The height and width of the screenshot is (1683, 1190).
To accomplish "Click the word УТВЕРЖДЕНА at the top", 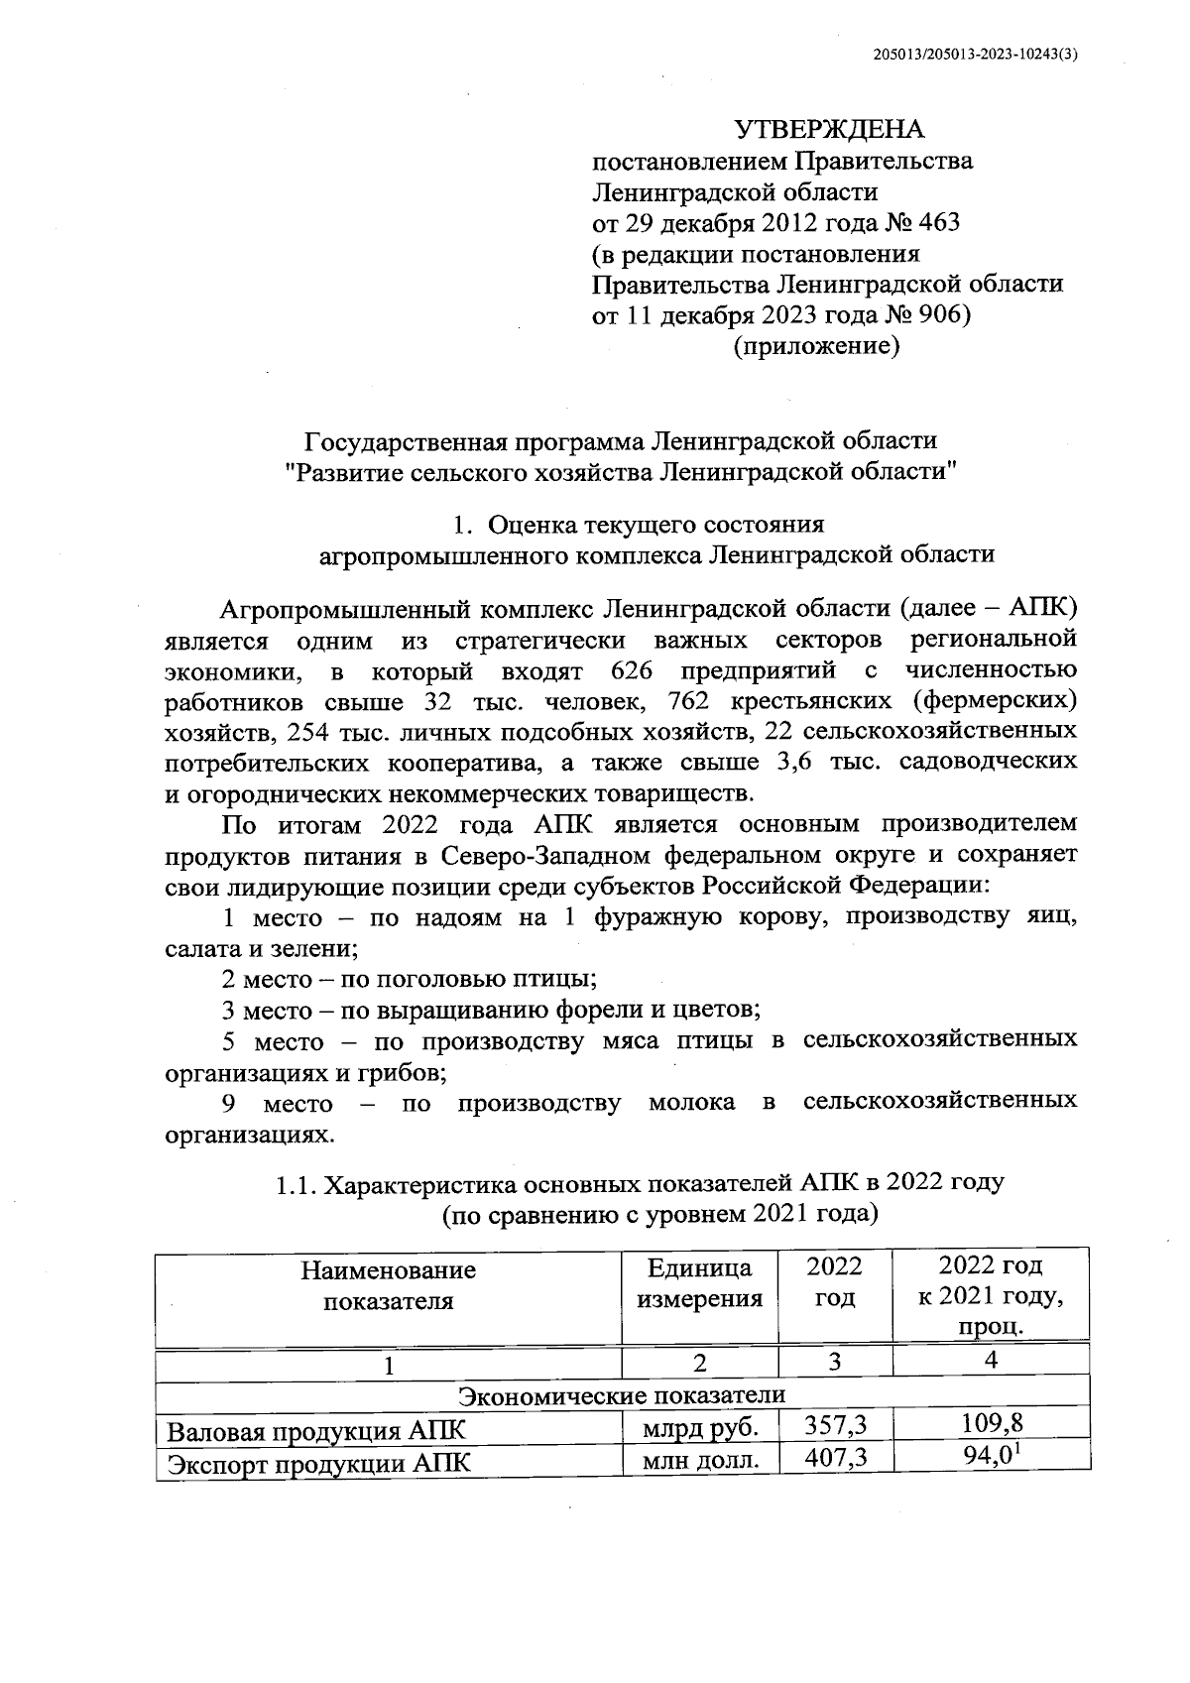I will point(828,130).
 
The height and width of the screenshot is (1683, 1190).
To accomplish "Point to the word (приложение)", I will point(815,347).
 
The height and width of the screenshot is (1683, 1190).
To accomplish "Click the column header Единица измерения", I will point(699,1284).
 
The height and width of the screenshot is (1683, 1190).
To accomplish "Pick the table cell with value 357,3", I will point(835,1427).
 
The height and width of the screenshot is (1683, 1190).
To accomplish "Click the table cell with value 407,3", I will point(835,1462).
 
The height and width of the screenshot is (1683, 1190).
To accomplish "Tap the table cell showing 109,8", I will point(992,1425).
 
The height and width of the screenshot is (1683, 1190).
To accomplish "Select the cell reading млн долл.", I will point(700,1462).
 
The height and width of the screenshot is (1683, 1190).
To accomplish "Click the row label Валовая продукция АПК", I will point(314,1431).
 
